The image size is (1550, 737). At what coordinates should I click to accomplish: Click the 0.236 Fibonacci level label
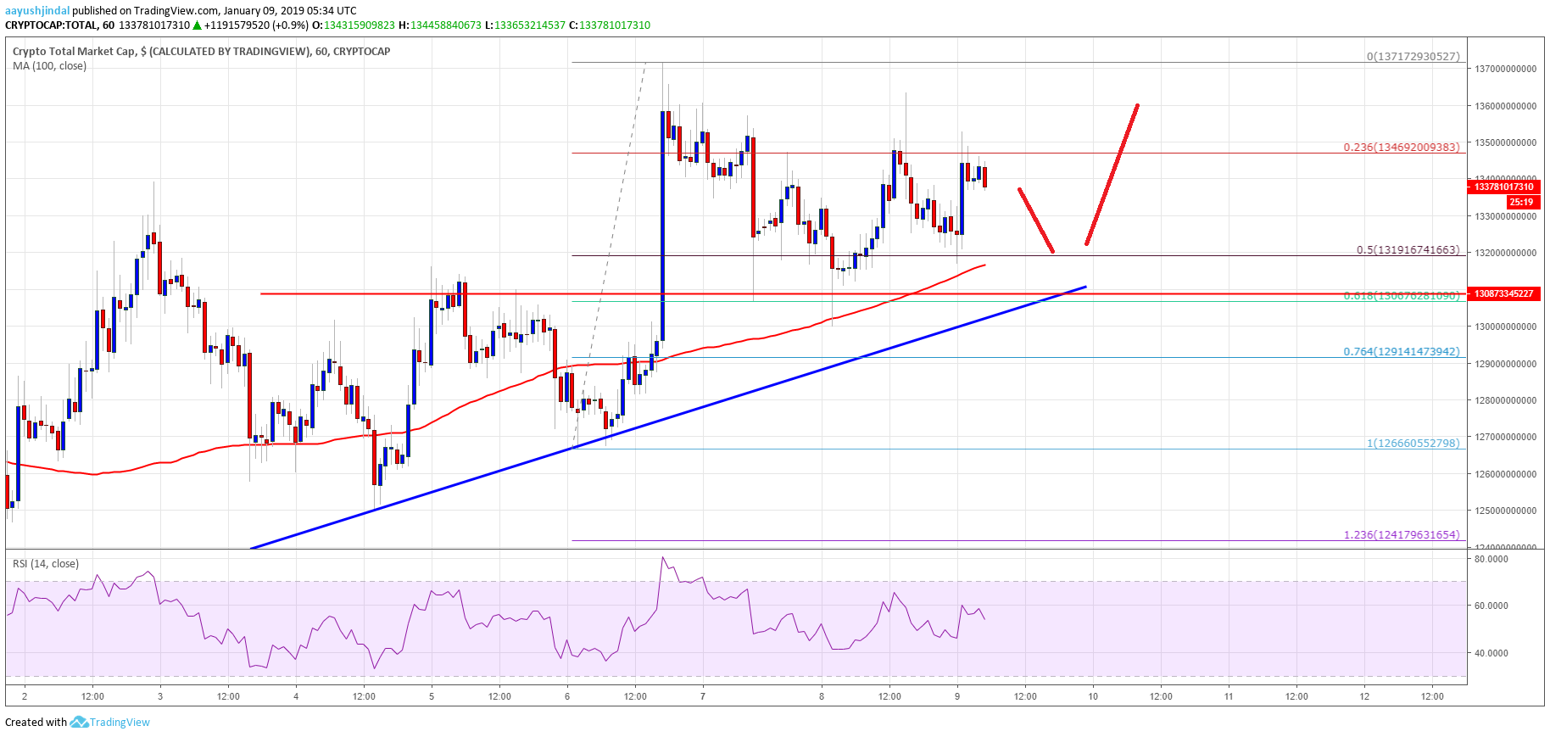click(x=1402, y=147)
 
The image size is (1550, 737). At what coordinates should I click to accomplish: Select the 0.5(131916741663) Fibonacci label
click(x=1408, y=250)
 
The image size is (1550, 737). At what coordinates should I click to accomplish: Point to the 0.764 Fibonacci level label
click(x=1402, y=351)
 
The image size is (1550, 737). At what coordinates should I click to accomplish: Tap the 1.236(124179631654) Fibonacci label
click(x=1402, y=534)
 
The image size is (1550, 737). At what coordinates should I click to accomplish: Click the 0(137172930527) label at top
click(x=1413, y=57)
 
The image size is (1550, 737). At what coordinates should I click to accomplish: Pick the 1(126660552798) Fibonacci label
click(x=1413, y=443)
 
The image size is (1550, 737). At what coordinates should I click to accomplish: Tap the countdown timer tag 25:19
click(x=1520, y=202)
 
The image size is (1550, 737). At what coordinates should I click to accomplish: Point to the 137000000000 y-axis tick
click(x=1505, y=70)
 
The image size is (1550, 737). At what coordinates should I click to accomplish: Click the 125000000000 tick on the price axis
click(x=1505, y=511)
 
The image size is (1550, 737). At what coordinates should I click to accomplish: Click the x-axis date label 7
click(x=703, y=696)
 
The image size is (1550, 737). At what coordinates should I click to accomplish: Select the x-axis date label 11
click(x=1229, y=696)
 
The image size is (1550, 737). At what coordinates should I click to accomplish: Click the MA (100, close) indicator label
click(x=49, y=66)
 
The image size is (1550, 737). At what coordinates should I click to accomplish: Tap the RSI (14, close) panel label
click(x=46, y=564)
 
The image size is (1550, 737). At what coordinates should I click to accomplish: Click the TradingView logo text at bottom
click(x=120, y=723)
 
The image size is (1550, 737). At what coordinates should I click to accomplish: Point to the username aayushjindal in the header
click(x=37, y=11)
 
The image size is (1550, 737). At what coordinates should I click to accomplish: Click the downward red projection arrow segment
click(x=1036, y=221)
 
